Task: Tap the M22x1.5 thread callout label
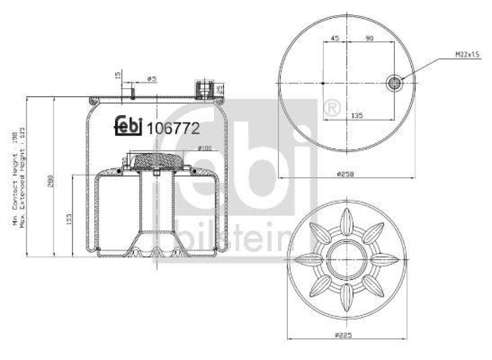coord(467,55)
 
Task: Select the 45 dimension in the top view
coord(335,38)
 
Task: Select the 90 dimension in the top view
coord(370,38)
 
